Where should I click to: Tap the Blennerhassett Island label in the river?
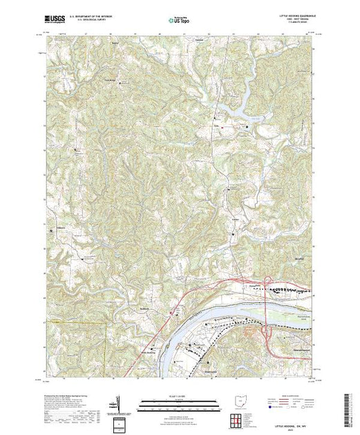click(x=290, y=310)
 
